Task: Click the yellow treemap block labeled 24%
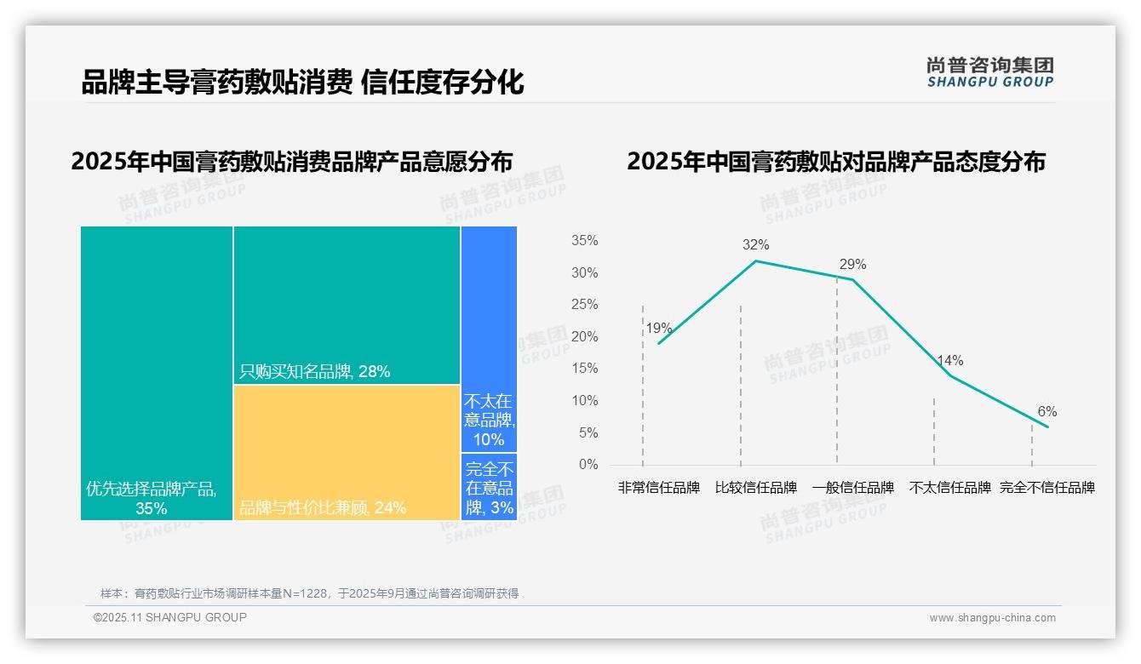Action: click(x=347, y=452)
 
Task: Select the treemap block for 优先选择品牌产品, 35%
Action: click(x=157, y=373)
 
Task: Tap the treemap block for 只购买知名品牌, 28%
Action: click(x=347, y=305)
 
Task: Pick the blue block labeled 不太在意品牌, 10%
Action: click(x=489, y=339)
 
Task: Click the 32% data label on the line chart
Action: click(x=755, y=245)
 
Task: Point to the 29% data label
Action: click(x=852, y=264)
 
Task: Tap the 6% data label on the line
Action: click(x=1046, y=411)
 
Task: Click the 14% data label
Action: click(x=949, y=360)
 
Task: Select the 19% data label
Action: click(x=658, y=329)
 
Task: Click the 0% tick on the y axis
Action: click(x=588, y=465)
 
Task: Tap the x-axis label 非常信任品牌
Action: click(x=658, y=488)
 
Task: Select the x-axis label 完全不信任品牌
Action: click(x=1046, y=488)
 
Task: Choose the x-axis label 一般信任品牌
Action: click(x=852, y=488)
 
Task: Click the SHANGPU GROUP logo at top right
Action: click(x=989, y=72)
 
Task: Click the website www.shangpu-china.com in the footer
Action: click(x=992, y=618)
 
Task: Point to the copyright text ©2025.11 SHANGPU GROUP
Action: click(x=170, y=617)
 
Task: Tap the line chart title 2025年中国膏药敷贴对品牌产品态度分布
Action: click(x=835, y=162)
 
